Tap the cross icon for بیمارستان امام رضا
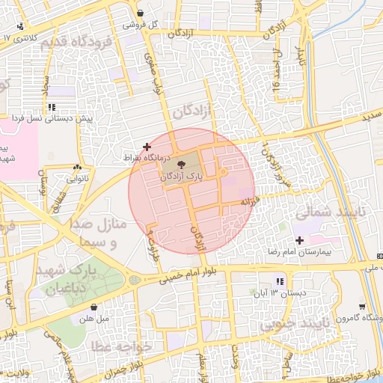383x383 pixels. coord(300,240)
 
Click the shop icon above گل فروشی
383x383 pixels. coord(141,13)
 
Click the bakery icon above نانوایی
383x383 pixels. coord(78,168)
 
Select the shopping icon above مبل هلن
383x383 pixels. coord(94,306)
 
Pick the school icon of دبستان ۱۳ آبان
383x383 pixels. coord(280,281)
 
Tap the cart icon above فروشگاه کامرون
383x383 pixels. coord(362,305)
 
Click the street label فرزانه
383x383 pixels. coord(249,202)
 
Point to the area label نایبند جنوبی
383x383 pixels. coord(290,326)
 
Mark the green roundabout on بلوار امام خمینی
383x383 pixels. coord(134,280)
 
